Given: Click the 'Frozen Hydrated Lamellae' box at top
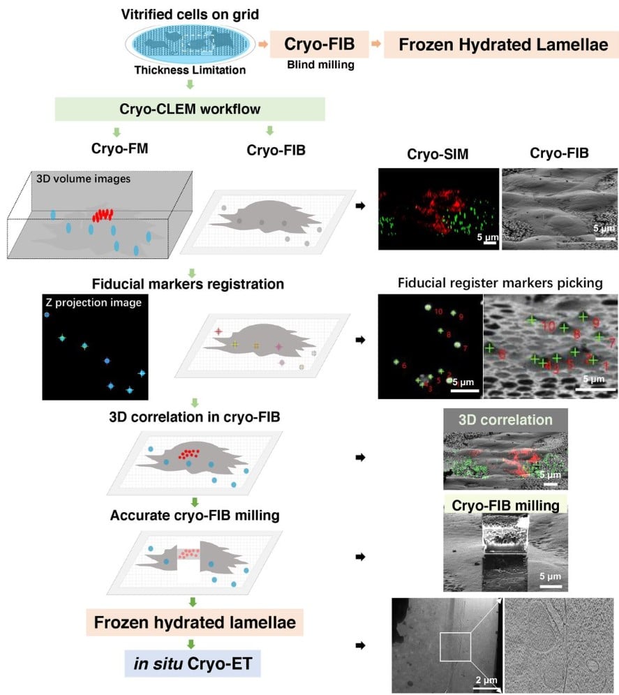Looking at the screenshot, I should click(498, 45).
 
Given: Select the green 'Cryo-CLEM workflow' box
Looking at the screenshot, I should click(190, 110).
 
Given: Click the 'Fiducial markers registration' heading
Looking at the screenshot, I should click(188, 284).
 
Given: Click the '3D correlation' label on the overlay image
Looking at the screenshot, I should click(505, 421).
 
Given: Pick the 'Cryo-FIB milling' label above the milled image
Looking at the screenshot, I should click(507, 505).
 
